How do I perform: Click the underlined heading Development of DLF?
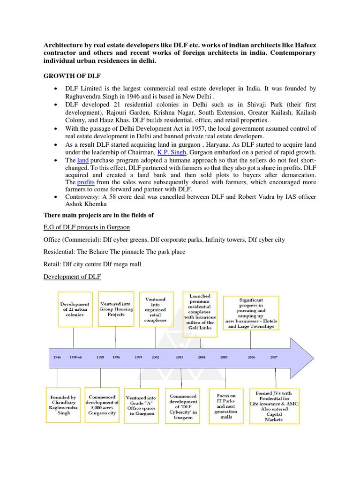(72, 277)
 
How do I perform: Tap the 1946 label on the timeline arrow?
(58, 357)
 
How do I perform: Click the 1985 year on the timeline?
(100, 357)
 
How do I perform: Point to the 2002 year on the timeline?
(155, 357)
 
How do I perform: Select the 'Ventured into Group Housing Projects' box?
(116, 309)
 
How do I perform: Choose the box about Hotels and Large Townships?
(251, 312)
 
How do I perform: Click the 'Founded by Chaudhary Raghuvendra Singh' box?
(64, 405)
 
